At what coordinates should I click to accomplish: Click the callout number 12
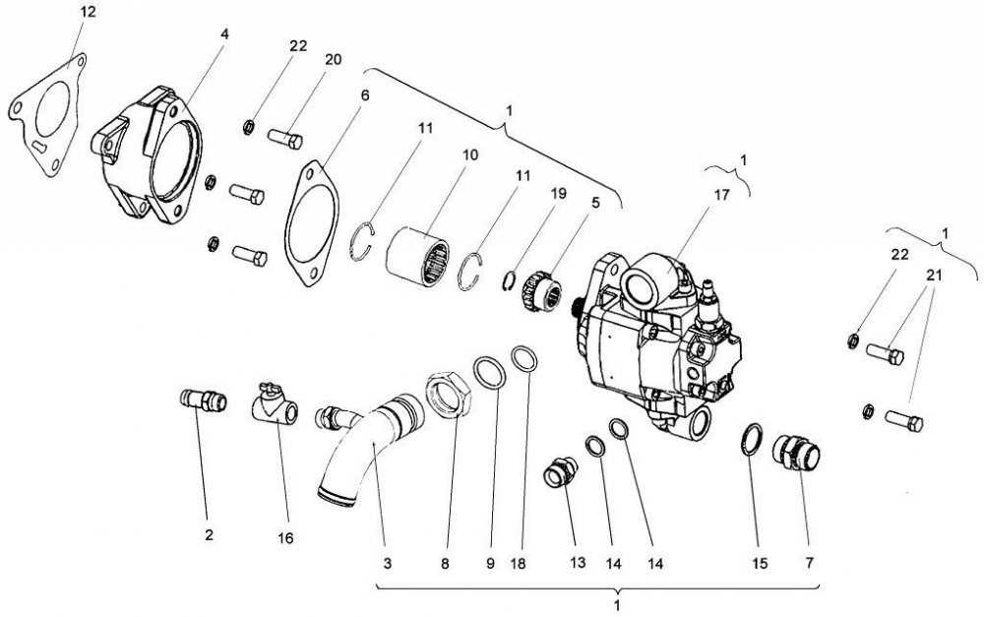coord(89,12)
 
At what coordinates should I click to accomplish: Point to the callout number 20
coord(333,59)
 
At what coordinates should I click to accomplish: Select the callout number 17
coord(720,195)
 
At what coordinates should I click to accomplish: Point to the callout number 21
coord(933,277)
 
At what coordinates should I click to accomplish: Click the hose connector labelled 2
coord(200,401)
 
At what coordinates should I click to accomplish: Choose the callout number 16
coord(285,538)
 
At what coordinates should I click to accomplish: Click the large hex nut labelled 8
coord(451,396)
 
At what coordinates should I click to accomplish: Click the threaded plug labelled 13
coord(562,474)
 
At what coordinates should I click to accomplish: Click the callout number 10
coord(469,155)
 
